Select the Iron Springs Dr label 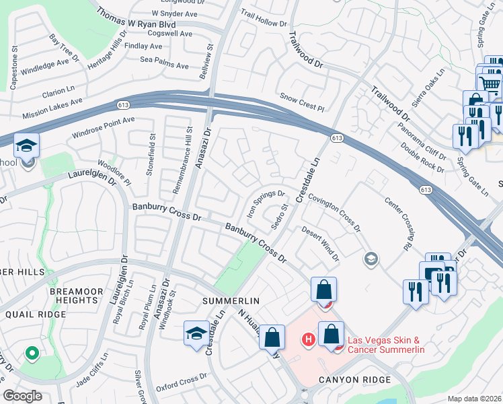pyautogui.click(x=266, y=201)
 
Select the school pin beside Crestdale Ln pyautogui.click(x=196, y=333)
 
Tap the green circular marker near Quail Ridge pyautogui.click(x=31, y=353)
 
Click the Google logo pyautogui.click(x=22, y=396)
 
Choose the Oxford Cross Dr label pyautogui.click(x=177, y=382)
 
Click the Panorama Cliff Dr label pyautogui.click(x=421, y=144)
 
